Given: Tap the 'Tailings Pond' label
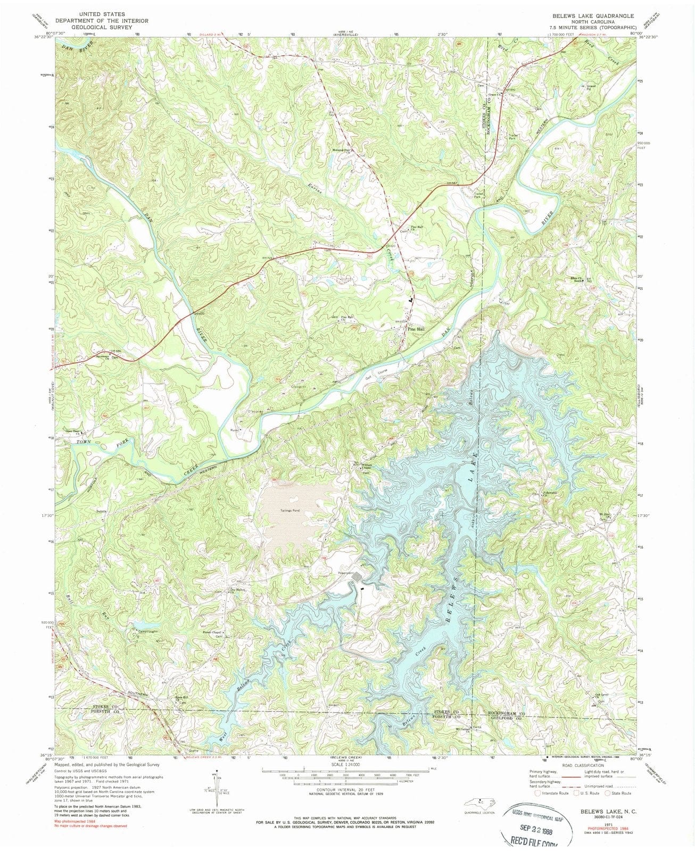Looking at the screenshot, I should tap(290, 511).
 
